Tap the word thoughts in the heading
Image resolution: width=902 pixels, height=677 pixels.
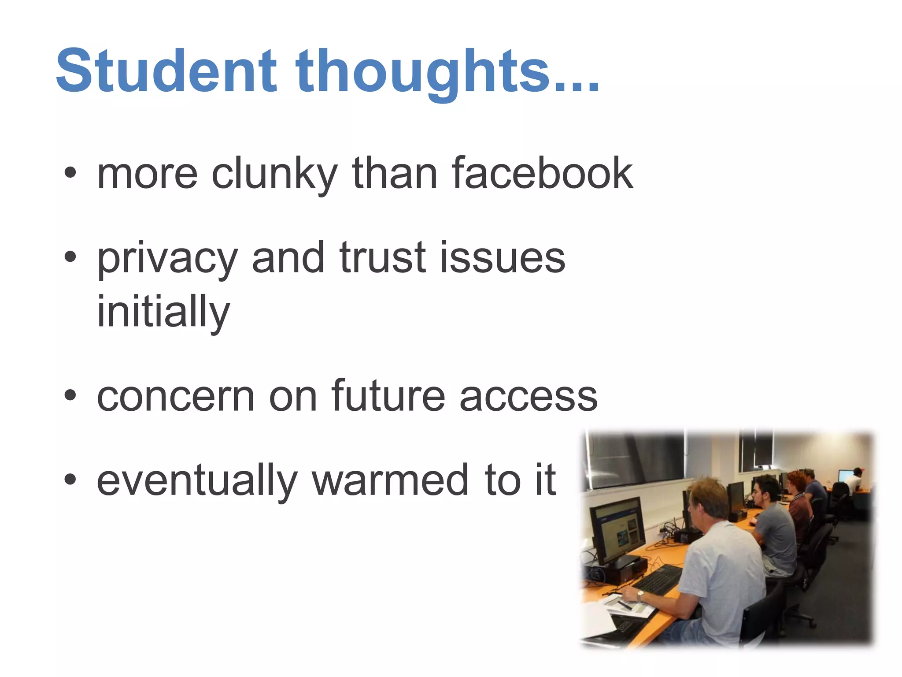point(423,73)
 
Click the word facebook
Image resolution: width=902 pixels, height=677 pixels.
point(542,173)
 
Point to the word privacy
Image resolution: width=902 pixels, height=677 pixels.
point(167,259)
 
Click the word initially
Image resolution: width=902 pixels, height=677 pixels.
point(163,312)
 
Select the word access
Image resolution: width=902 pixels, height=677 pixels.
point(529,397)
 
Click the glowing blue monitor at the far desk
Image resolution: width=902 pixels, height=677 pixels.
point(845,476)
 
